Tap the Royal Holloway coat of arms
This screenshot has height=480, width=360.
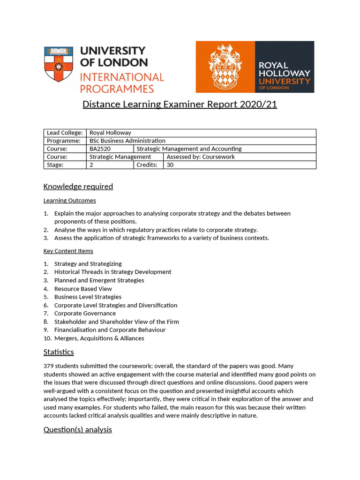point(225,67)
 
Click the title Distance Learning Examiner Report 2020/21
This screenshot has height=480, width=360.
point(180,105)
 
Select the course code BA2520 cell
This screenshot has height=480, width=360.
point(100,149)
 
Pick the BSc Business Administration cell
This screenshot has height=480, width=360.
point(127,141)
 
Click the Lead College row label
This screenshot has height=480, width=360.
point(64,133)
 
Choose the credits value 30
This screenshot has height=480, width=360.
point(170,165)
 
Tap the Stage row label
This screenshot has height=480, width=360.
point(55,165)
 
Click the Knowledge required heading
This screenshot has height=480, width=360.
point(78,187)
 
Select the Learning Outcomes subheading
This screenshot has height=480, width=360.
point(69,201)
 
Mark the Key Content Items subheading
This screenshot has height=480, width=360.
point(68,251)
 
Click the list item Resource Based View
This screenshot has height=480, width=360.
point(83,289)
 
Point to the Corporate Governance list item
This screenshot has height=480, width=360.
point(85,314)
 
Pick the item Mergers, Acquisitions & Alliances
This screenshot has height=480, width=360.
point(99,338)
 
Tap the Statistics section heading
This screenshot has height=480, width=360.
point(59,352)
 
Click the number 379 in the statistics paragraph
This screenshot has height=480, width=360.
point(49,366)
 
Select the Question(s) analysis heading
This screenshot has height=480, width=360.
point(77,429)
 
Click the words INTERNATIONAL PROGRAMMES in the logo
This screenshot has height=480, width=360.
point(121,82)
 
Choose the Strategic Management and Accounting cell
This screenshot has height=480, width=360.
point(189,149)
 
